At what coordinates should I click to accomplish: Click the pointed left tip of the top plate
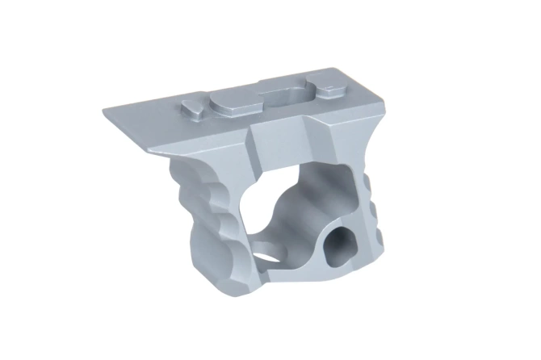[x=103, y=110]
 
